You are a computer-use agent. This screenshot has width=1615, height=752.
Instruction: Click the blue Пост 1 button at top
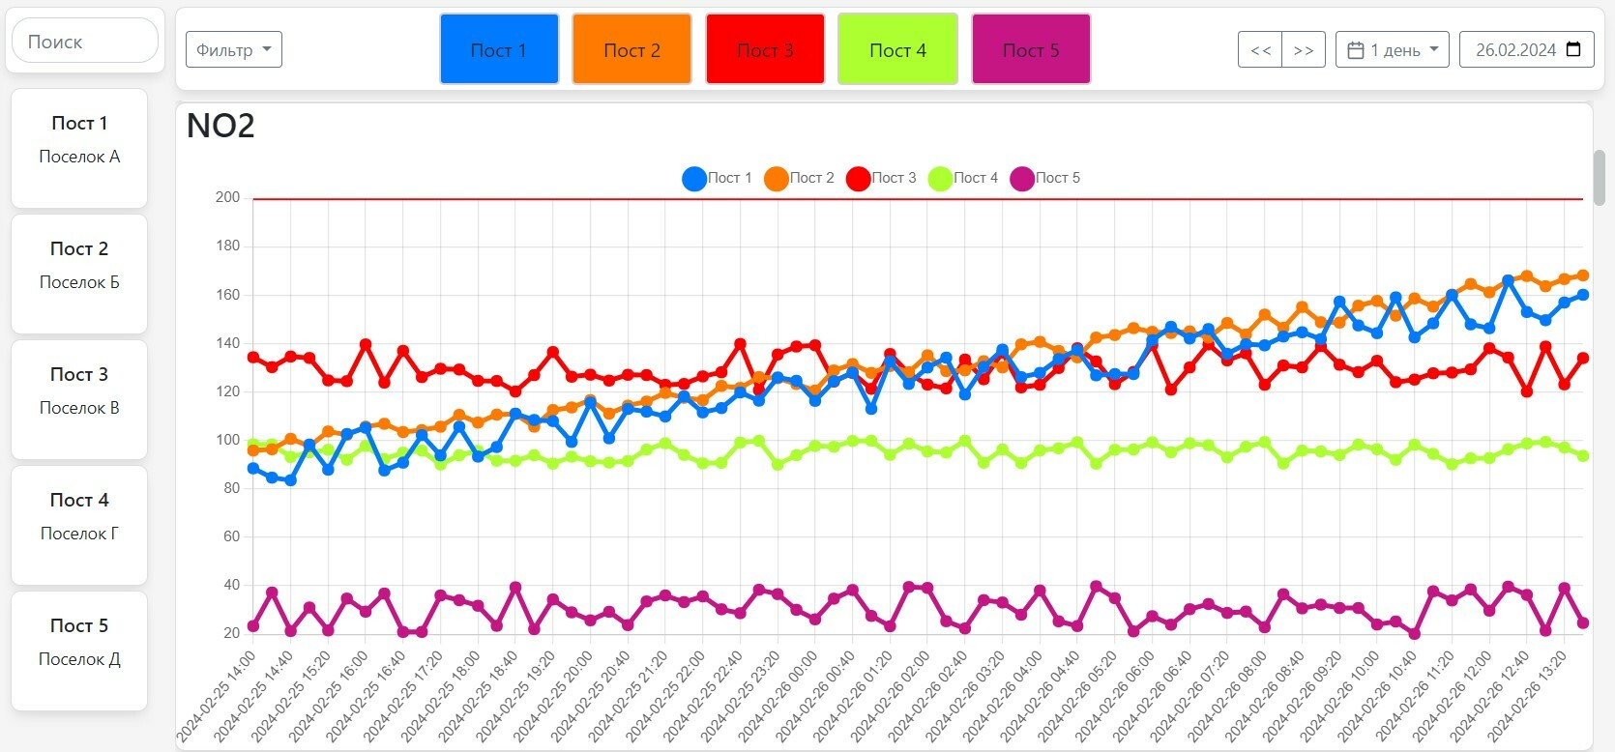click(x=499, y=49)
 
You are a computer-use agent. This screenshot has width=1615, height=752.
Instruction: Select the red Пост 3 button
click(x=765, y=49)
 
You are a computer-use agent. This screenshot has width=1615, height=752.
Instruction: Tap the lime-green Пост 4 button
click(x=897, y=49)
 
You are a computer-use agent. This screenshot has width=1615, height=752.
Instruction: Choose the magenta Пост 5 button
click(x=1031, y=49)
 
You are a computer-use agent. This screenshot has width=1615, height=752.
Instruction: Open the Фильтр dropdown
click(x=234, y=49)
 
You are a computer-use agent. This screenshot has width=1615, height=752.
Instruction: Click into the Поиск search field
click(x=85, y=42)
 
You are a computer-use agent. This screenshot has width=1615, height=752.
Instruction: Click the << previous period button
click(x=1260, y=50)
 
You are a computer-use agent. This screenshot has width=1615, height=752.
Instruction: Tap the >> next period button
click(x=1304, y=50)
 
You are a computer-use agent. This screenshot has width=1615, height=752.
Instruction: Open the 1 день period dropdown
click(x=1393, y=50)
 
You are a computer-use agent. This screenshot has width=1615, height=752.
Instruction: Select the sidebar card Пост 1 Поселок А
click(x=79, y=148)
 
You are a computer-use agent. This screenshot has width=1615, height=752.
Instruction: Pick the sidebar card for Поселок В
click(x=79, y=399)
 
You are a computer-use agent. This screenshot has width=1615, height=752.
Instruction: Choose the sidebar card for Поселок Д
click(x=79, y=651)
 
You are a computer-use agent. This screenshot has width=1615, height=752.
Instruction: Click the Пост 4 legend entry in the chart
click(x=963, y=178)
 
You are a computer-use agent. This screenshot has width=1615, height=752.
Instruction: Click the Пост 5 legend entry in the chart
click(x=1045, y=178)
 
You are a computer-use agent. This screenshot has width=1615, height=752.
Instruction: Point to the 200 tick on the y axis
click(x=228, y=197)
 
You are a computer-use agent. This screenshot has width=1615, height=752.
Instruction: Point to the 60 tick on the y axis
click(x=231, y=536)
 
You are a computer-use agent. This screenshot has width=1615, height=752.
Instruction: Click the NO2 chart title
click(x=220, y=126)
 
